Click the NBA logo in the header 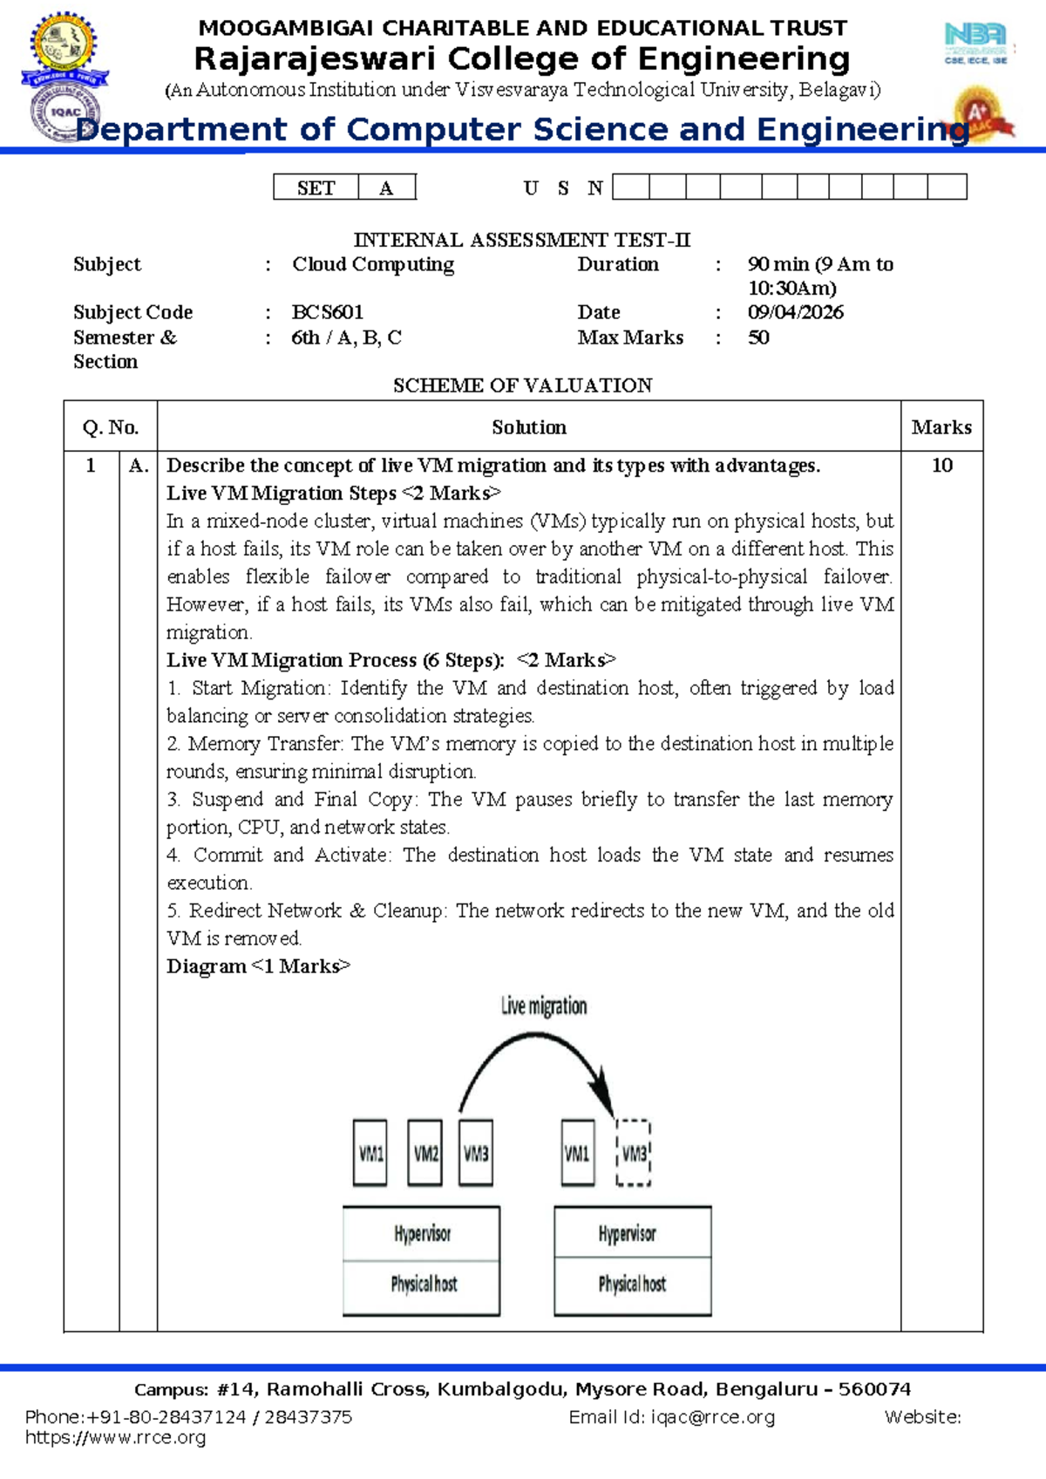coord(975,43)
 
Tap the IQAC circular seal coord(65,113)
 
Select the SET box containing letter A coord(386,187)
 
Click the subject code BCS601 coord(327,312)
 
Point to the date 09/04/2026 coord(795,312)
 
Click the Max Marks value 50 coord(758,337)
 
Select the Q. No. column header coord(111,426)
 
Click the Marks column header coord(941,426)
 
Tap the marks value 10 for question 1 coord(941,465)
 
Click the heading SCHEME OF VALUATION coord(522,385)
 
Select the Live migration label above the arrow coord(544,1006)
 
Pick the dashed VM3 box coord(634,1153)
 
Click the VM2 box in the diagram coord(425,1153)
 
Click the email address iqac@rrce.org coord(712,1417)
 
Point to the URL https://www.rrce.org coord(116,1437)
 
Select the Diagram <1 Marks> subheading coord(258,966)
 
